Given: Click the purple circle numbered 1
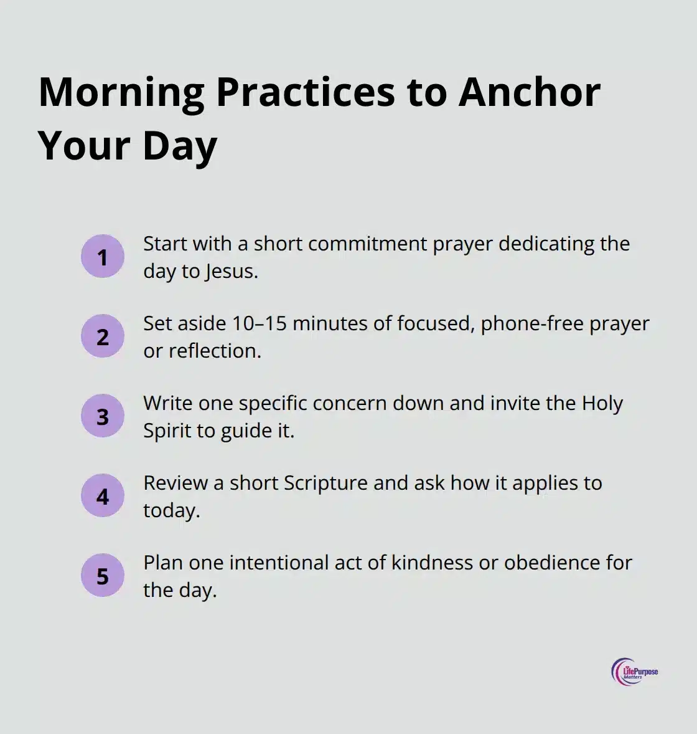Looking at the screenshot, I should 103,257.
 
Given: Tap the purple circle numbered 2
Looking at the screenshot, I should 103,336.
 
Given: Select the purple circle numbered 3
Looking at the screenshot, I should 103,416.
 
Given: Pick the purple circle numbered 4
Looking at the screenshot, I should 103,496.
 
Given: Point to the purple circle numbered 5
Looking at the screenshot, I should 103,576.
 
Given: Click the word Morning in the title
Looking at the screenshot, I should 121,92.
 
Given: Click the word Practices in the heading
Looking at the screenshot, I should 305,92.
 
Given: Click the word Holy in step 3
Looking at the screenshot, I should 602,403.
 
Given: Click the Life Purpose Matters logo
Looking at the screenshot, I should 634,672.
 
